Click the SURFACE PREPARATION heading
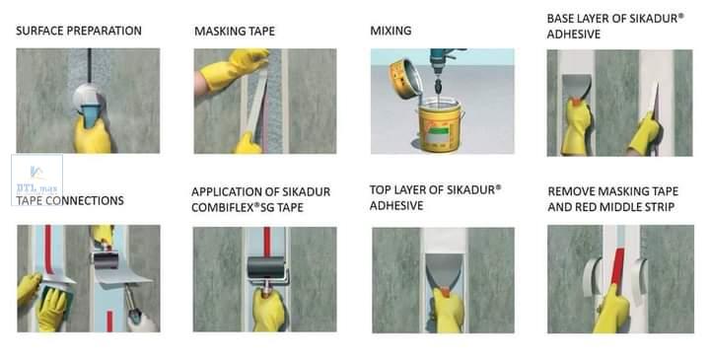pos(79,31)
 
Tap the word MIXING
pos(390,31)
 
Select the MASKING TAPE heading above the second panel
pos(235,32)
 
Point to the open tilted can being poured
pos(405,78)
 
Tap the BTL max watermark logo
pos(36,180)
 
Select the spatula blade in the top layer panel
pos(444,270)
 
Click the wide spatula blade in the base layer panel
pos(577,86)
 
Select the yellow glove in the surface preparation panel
pos(94,134)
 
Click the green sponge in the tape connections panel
pos(55,293)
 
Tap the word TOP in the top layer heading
pos(380,190)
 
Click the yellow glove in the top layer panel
pos(448,311)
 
